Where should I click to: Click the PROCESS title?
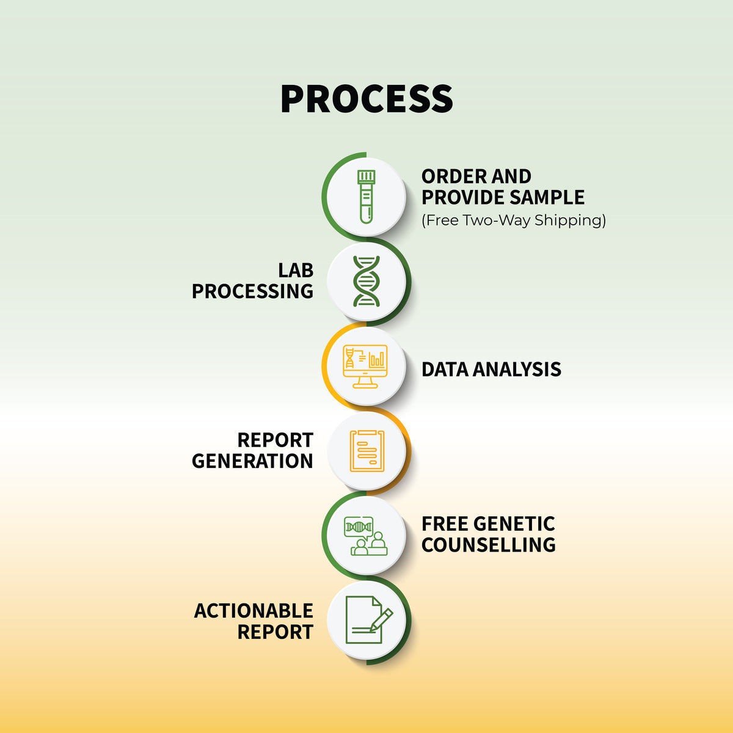coord(366,98)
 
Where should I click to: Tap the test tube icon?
coord(366,197)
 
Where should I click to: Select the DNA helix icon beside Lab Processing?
coord(366,281)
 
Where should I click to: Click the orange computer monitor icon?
coord(365,366)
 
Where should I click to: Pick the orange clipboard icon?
coord(367,451)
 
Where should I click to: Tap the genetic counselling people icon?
coord(365,536)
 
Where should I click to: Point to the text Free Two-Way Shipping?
coord(514,221)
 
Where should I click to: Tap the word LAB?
coord(296,271)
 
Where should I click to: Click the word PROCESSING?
coord(252,291)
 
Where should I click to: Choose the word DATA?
coord(445,370)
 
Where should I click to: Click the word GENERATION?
coord(252,461)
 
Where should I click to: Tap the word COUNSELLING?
coord(489,545)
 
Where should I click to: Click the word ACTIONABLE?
coord(253,611)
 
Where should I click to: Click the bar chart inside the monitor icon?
coord(377,359)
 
